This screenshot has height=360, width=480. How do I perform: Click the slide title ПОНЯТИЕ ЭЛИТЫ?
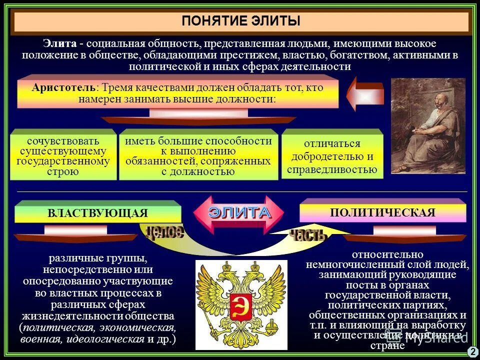coord(241,21)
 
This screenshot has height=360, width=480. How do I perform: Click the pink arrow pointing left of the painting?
coord(364,93)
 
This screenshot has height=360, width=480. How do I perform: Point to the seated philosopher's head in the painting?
coord(438,103)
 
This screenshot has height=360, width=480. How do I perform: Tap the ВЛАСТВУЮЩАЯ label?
coord(97,213)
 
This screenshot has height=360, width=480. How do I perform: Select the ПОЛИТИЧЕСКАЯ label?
coord(382,212)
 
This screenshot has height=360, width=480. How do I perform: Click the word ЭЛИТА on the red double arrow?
coord(239,212)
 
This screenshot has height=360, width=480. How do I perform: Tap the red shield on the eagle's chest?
coord(240,306)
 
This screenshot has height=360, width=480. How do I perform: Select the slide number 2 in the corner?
coord(472,352)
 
